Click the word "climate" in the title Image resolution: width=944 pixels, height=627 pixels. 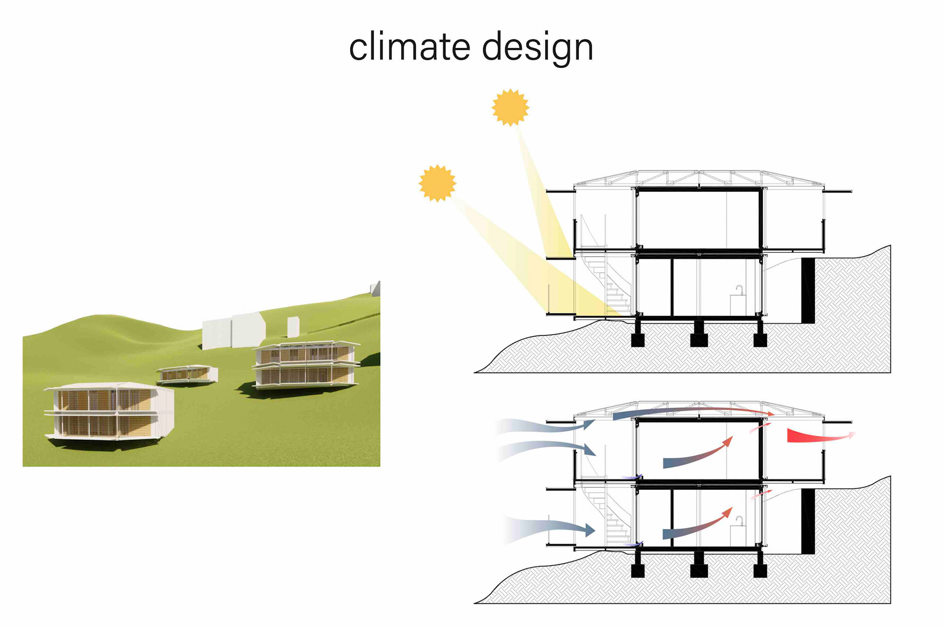(x=410, y=47)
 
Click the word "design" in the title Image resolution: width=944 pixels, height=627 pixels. (x=537, y=48)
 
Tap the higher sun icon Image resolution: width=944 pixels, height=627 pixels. (x=510, y=107)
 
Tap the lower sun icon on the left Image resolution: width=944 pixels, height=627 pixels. (x=437, y=183)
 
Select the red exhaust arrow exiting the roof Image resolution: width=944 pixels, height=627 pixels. (x=816, y=436)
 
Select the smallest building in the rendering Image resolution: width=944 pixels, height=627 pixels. (x=187, y=374)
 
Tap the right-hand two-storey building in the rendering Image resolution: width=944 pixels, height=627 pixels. (x=306, y=364)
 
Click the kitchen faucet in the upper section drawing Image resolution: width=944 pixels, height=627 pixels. (x=739, y=290)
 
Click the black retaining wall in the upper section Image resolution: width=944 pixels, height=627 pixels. (x=808, y=290)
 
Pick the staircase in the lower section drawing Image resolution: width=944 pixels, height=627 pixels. (x=612, y=519)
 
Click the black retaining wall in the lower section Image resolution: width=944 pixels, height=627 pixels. (x=808, y=521)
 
